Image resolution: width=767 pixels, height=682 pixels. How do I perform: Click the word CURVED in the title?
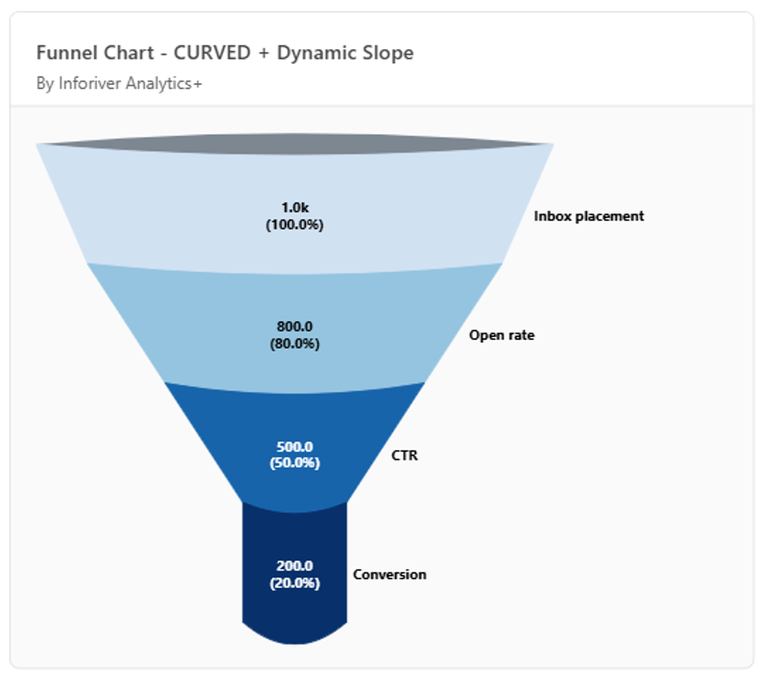click(x=212, y=53)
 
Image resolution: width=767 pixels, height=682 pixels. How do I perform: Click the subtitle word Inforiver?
click(x=89, y=83)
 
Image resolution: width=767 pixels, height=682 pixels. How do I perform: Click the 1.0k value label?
click(x=294, y=208)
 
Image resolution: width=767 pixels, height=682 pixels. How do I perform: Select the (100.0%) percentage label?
click(x=294, y=225)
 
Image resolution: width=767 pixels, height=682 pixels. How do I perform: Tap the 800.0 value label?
click(x=294, y=327)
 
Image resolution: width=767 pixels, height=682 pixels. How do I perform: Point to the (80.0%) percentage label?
click(x=294, y=343)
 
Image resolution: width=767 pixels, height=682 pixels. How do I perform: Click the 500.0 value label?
click(x=294, y=447)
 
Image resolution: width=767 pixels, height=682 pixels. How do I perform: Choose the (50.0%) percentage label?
click(x=294, y=462)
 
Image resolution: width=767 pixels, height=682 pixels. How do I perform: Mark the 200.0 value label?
click(x=294, y=566)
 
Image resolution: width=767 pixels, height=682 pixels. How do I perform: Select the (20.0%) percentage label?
click(x=294, y=583)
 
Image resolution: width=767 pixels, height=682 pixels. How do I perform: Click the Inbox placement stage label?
click(x=589, y=216)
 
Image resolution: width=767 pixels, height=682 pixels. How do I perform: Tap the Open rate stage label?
click(x=502, y=336)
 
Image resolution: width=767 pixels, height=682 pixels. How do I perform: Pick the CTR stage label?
click(x=405, y=455)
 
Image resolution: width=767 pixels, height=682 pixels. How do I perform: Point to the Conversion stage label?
click(x=390, y=575)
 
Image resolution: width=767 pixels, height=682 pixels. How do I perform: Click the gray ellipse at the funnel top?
click(x=294, y=144)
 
